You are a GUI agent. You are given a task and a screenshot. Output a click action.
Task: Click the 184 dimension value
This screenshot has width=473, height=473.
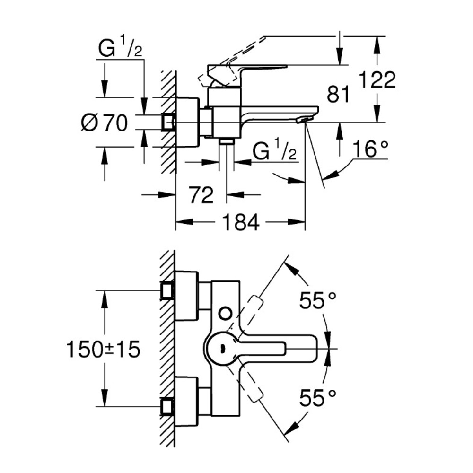coord(241,222)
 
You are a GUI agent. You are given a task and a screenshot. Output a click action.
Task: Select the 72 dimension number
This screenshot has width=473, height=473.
coord(201,195)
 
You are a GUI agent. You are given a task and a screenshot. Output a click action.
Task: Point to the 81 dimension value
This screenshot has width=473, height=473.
coord(338,95)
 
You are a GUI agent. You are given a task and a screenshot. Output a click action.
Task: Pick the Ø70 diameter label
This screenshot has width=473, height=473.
coord(105,123)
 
